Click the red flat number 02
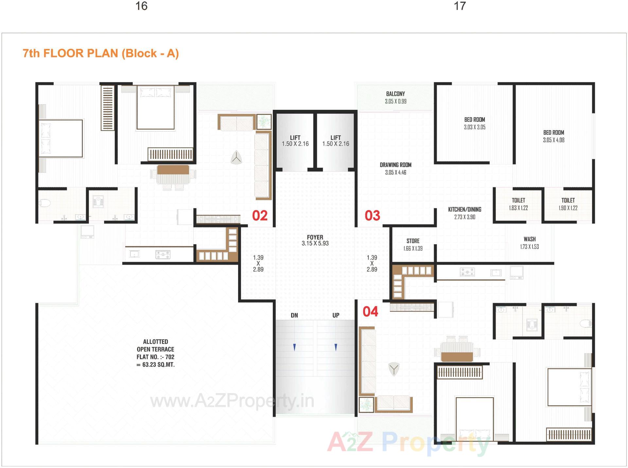[260, 216]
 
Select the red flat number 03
[372, 216]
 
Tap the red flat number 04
[370, 311]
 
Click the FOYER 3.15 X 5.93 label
[315, 240]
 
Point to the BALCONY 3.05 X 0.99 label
[395, 97]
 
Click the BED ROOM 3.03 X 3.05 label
[475, 123]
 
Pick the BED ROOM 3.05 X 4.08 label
[553, 136]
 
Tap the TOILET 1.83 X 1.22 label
[518, 204]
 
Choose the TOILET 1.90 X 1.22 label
[568, 204]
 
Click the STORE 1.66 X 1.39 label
[413, 244]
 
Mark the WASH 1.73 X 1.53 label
[530, 243]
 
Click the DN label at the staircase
[294, 315]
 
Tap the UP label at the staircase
[336, 315]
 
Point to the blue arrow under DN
[294, 347]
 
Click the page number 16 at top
[141, 6]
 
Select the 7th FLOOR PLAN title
[101, 53]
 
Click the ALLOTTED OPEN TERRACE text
[155, 353]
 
